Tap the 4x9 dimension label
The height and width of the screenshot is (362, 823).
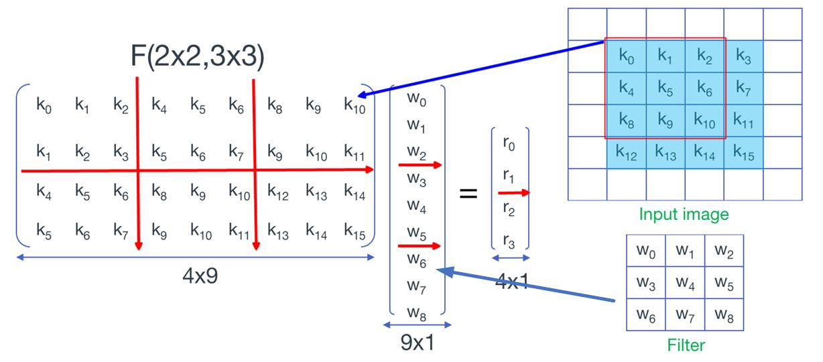tap(201, 276)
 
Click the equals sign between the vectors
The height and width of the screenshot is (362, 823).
tap(468, 194)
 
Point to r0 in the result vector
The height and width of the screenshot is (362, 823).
tap(510, 144)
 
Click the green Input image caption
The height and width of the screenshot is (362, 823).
tap(683, 215)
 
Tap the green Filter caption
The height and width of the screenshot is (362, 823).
tap(686, 346)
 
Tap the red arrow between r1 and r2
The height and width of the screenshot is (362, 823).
tap(513, 193)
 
